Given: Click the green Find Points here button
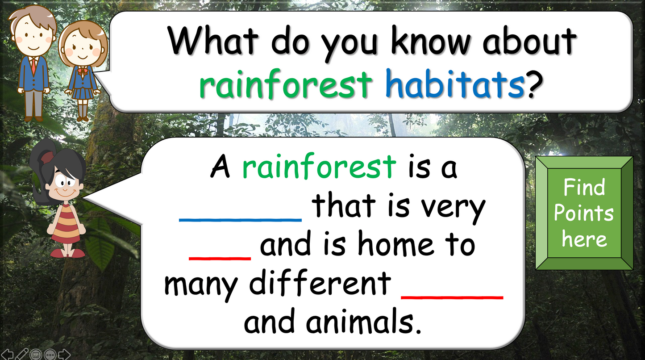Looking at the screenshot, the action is [584, 213].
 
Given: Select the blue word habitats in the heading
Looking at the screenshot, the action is [455, 84].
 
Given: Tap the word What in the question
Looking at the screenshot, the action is [213, 40].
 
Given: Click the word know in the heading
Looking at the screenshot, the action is [431, 40].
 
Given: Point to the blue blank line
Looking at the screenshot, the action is [240, 220].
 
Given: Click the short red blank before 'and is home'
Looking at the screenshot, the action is [220, 259].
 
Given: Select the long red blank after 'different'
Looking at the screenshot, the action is [452, 297].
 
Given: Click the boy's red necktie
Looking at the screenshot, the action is [33, 66].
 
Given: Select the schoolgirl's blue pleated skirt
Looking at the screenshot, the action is [82, 93].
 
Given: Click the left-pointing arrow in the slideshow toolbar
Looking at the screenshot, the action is [7, 354].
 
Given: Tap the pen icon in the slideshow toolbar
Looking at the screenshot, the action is [21, 354].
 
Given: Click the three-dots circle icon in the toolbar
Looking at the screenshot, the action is [50, 354].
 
